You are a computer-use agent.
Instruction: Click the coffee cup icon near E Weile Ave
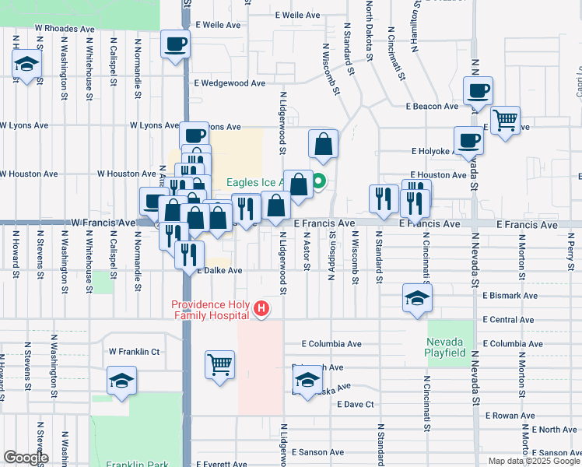[175, 44]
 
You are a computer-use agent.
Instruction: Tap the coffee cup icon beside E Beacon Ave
[478, 90]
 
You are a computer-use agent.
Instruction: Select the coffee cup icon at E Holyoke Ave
[468, 140]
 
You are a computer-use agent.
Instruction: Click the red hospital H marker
[261, 310]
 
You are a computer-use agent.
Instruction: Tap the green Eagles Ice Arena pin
[319, 184]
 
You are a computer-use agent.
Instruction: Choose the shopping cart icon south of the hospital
[220, 363]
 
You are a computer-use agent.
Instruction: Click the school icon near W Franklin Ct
[121, 381]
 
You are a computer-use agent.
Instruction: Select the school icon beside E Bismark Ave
[416, 297]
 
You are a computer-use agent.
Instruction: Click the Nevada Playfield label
[445, 347]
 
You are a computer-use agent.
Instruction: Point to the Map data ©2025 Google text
[533, 461]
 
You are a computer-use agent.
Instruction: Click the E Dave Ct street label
[356, 404]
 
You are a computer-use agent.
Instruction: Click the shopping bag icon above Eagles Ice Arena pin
[324, 144]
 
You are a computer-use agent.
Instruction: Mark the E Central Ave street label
[509, 320]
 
